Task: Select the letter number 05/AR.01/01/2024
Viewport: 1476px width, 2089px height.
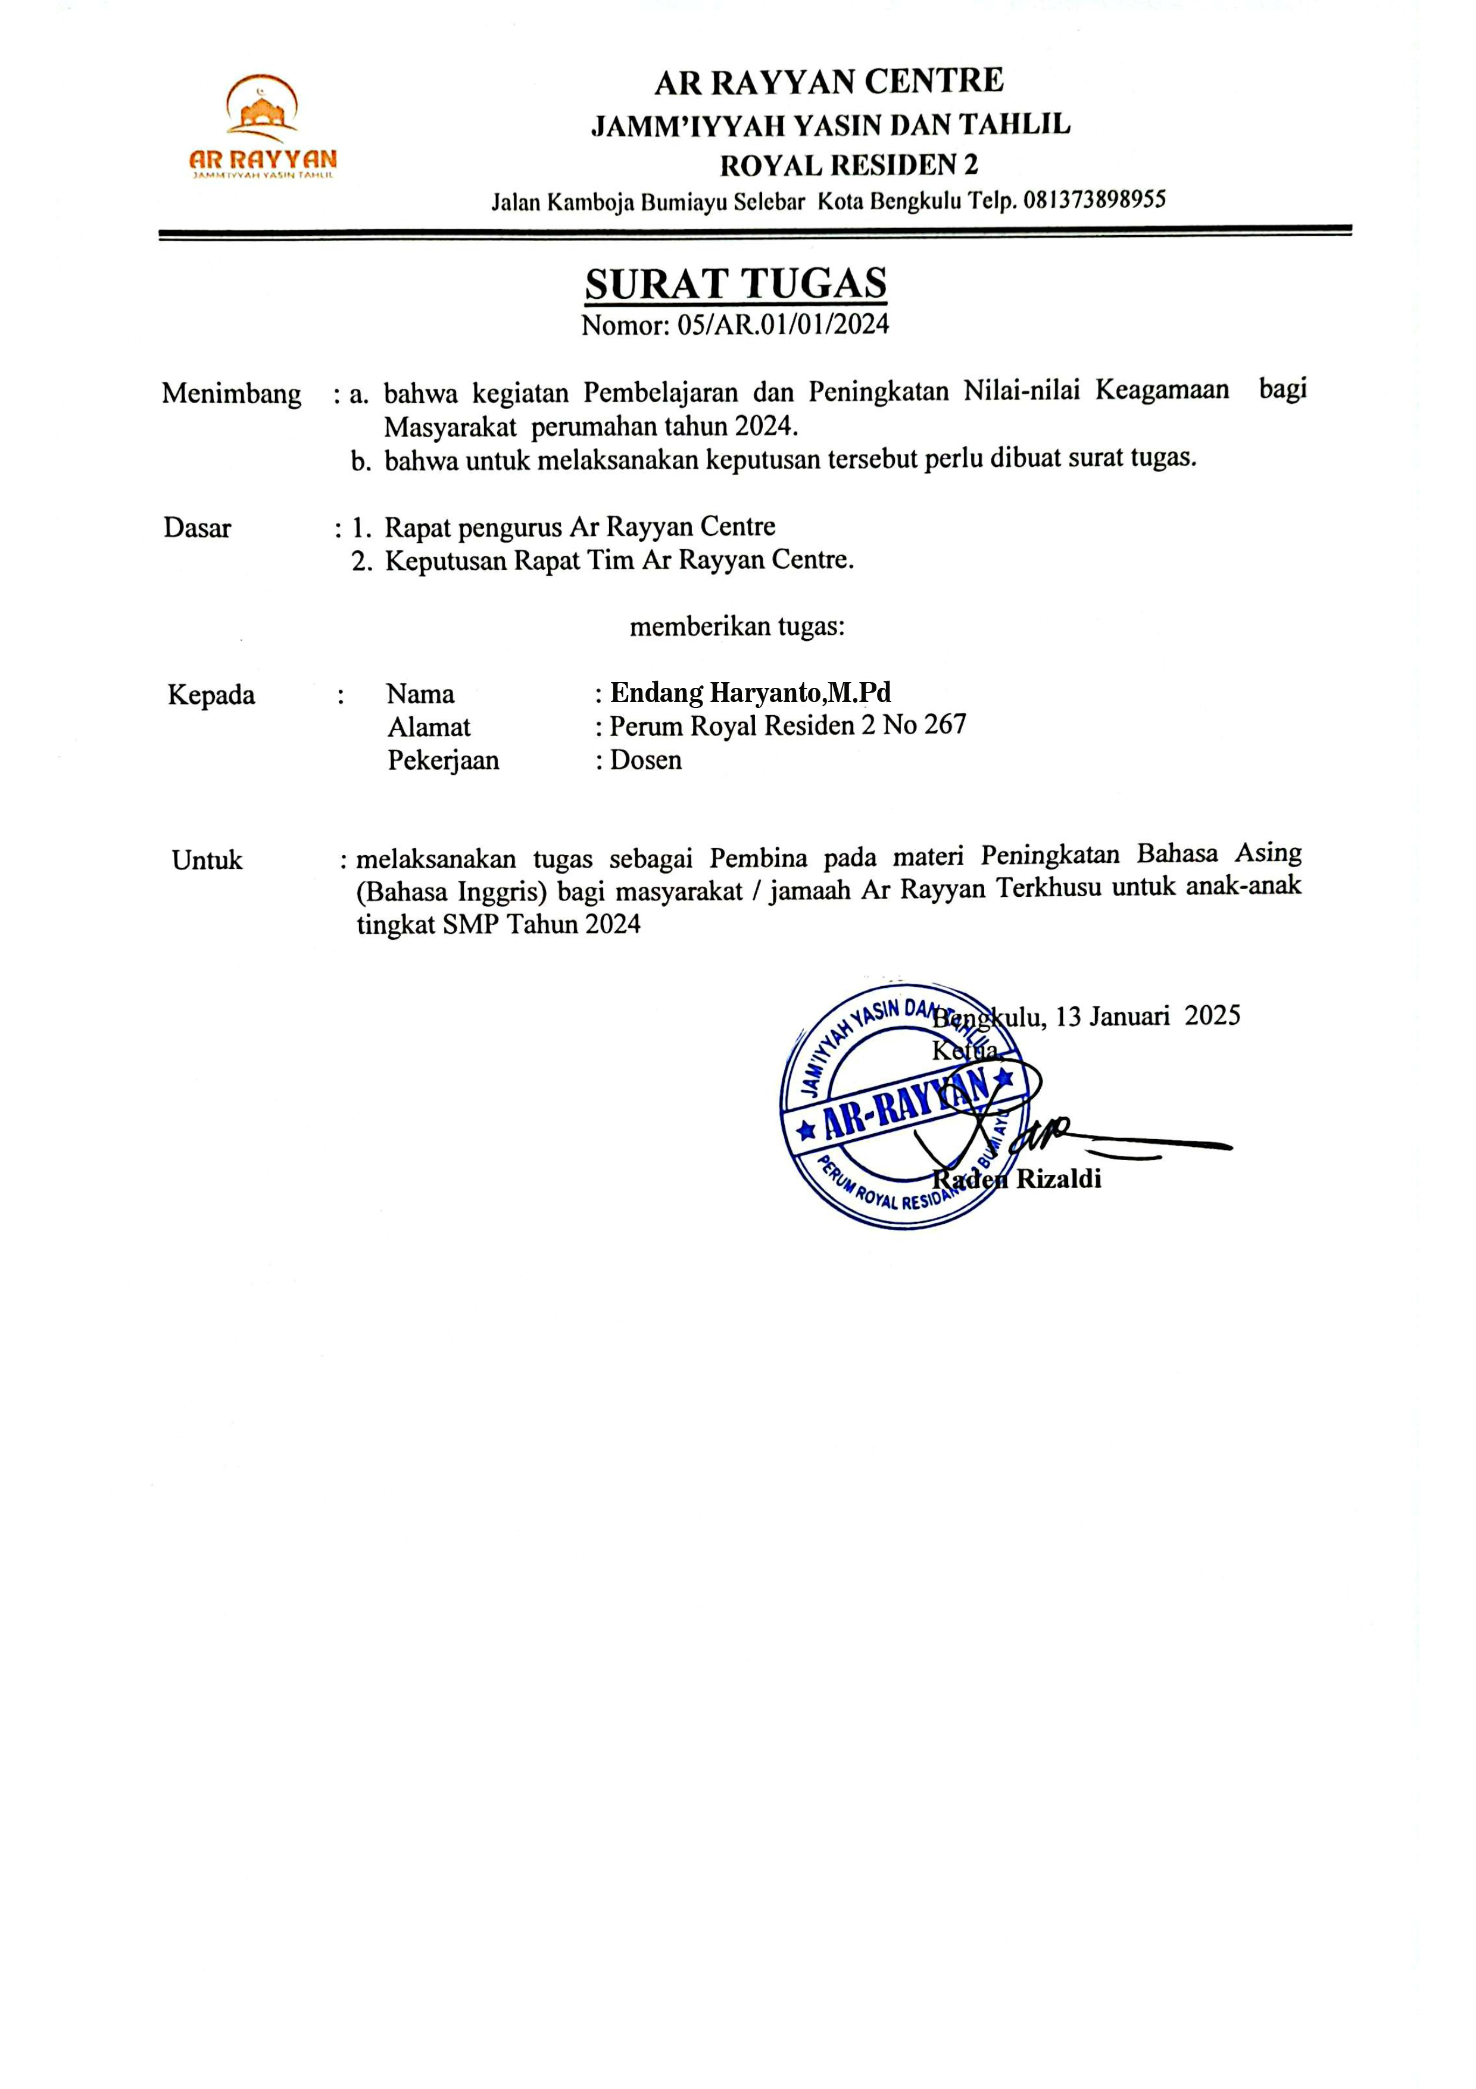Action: click(782, 325)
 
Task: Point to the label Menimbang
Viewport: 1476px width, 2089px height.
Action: click(231, 394)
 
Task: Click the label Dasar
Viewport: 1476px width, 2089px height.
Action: click(197, 528)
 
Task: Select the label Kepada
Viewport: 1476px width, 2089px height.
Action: click(211, 695)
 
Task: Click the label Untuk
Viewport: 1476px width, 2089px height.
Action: click(207, 860)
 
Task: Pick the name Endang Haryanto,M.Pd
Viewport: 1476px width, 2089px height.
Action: click(750, 693)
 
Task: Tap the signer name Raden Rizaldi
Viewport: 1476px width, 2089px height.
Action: click(1017, 1179)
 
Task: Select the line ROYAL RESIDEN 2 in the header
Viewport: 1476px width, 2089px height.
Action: click(848, 166)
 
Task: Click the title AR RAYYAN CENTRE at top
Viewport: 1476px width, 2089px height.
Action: click(828, 82)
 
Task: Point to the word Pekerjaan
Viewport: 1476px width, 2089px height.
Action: click(443, 760)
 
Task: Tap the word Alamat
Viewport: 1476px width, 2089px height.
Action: click(429, 727)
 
